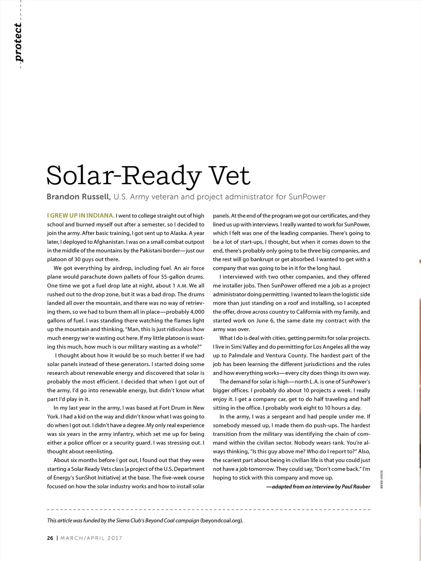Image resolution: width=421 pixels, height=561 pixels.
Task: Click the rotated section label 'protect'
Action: click(x=18, y=43)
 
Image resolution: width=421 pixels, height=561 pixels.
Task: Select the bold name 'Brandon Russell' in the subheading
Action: click(x=79, y=197)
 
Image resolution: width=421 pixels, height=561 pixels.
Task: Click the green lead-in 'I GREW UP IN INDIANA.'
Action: click(x=81, y=216)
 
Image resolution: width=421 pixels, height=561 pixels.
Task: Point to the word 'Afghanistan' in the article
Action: click(x=109, y=242)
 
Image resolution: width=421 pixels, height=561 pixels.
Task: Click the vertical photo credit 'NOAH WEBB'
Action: click(x=382, y=480)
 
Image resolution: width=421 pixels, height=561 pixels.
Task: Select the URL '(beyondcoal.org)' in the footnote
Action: click(x=222, y=520)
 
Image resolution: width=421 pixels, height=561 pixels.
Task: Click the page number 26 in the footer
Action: click(x=50, y=538)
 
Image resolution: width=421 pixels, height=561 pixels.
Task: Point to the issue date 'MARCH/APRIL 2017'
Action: click(x=91, y=538)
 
